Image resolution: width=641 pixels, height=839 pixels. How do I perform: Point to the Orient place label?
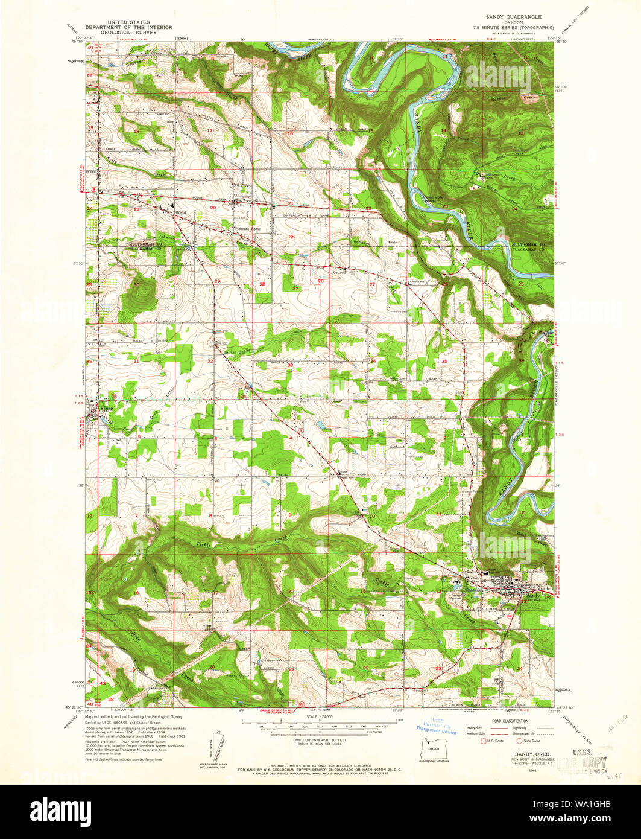click(178, 212)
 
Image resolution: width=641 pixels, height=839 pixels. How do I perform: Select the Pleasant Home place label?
click(248, 229)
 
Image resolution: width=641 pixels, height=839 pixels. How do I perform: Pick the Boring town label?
click(106, 409)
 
